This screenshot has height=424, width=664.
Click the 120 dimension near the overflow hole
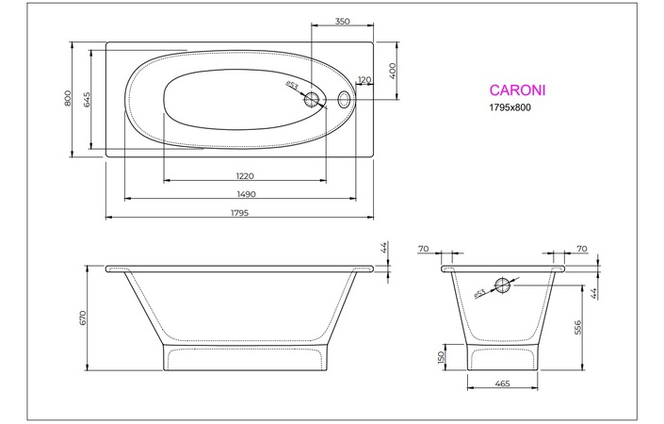364,80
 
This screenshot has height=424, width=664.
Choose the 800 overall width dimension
67,99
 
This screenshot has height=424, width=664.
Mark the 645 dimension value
87,99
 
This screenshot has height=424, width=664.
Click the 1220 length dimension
245,175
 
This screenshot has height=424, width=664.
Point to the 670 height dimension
83,318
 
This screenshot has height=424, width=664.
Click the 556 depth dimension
578,326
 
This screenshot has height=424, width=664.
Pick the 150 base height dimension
440,358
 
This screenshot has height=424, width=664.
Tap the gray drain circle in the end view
504,285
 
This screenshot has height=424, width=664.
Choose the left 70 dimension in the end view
423,249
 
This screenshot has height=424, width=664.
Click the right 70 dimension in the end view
581,249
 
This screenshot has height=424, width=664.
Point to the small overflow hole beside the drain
344,97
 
